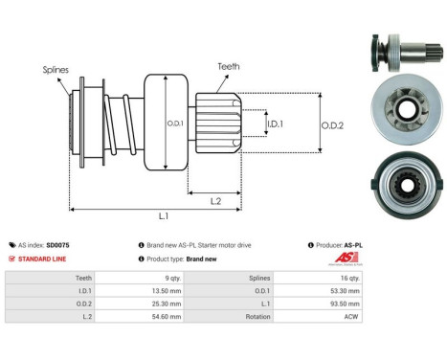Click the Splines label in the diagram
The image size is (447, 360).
click(55, 70)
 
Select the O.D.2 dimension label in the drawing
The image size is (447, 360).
click(331, 125)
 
